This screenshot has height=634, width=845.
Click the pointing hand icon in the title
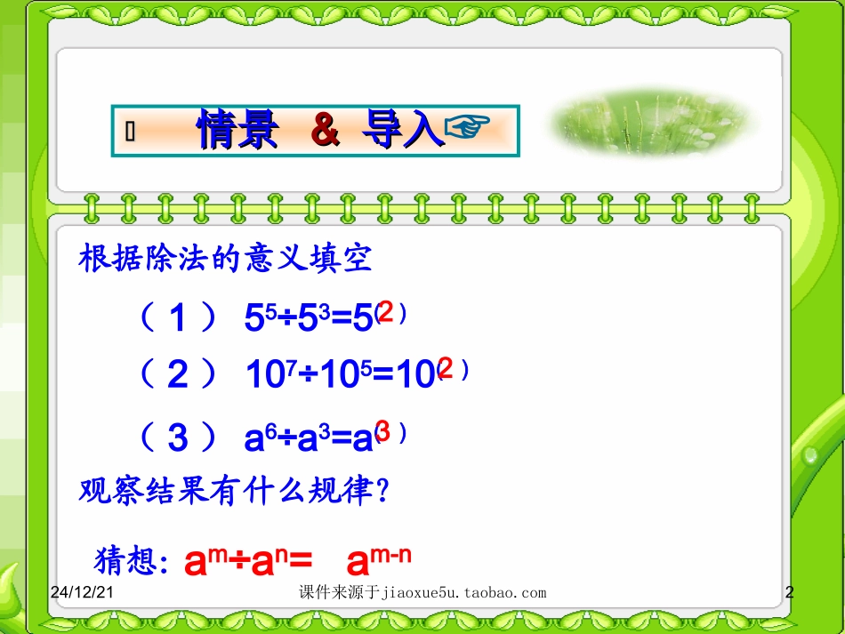(x=466, y=130)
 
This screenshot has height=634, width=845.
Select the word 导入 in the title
(x=402, y=131)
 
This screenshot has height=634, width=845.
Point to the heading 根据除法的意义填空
(x=226, y=260)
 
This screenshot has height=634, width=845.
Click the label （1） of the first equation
(x=178, y=317)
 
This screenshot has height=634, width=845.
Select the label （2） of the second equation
(x=178, y=376)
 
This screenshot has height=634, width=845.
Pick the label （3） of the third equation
(x=178, y=437)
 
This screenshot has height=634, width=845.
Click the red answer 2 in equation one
(x=386, y=312)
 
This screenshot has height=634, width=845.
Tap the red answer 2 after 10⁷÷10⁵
(x=446, y=369)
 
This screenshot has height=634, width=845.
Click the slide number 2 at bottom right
(x=789, y=592)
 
